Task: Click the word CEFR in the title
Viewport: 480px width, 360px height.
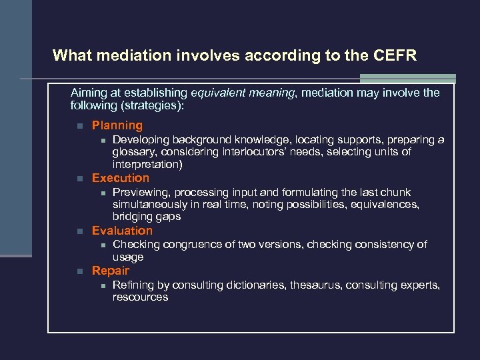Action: click(393, 55)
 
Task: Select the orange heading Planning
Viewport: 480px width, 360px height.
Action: click(117, 125)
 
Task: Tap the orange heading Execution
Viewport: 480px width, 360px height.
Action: click(121, 178)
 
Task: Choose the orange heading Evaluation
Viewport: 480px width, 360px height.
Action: click(122, 231)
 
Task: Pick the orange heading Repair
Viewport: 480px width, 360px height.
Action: click(111, 271)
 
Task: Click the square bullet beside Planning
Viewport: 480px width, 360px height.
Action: click(78, 126)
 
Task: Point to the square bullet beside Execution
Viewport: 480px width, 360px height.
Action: click(78, 179)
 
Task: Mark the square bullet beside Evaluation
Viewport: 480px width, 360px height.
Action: click(78, 231)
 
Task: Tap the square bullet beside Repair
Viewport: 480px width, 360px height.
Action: click(78, 271)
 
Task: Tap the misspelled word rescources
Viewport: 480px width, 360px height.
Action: click(140, 297)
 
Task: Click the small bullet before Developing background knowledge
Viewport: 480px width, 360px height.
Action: click(102, 140)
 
